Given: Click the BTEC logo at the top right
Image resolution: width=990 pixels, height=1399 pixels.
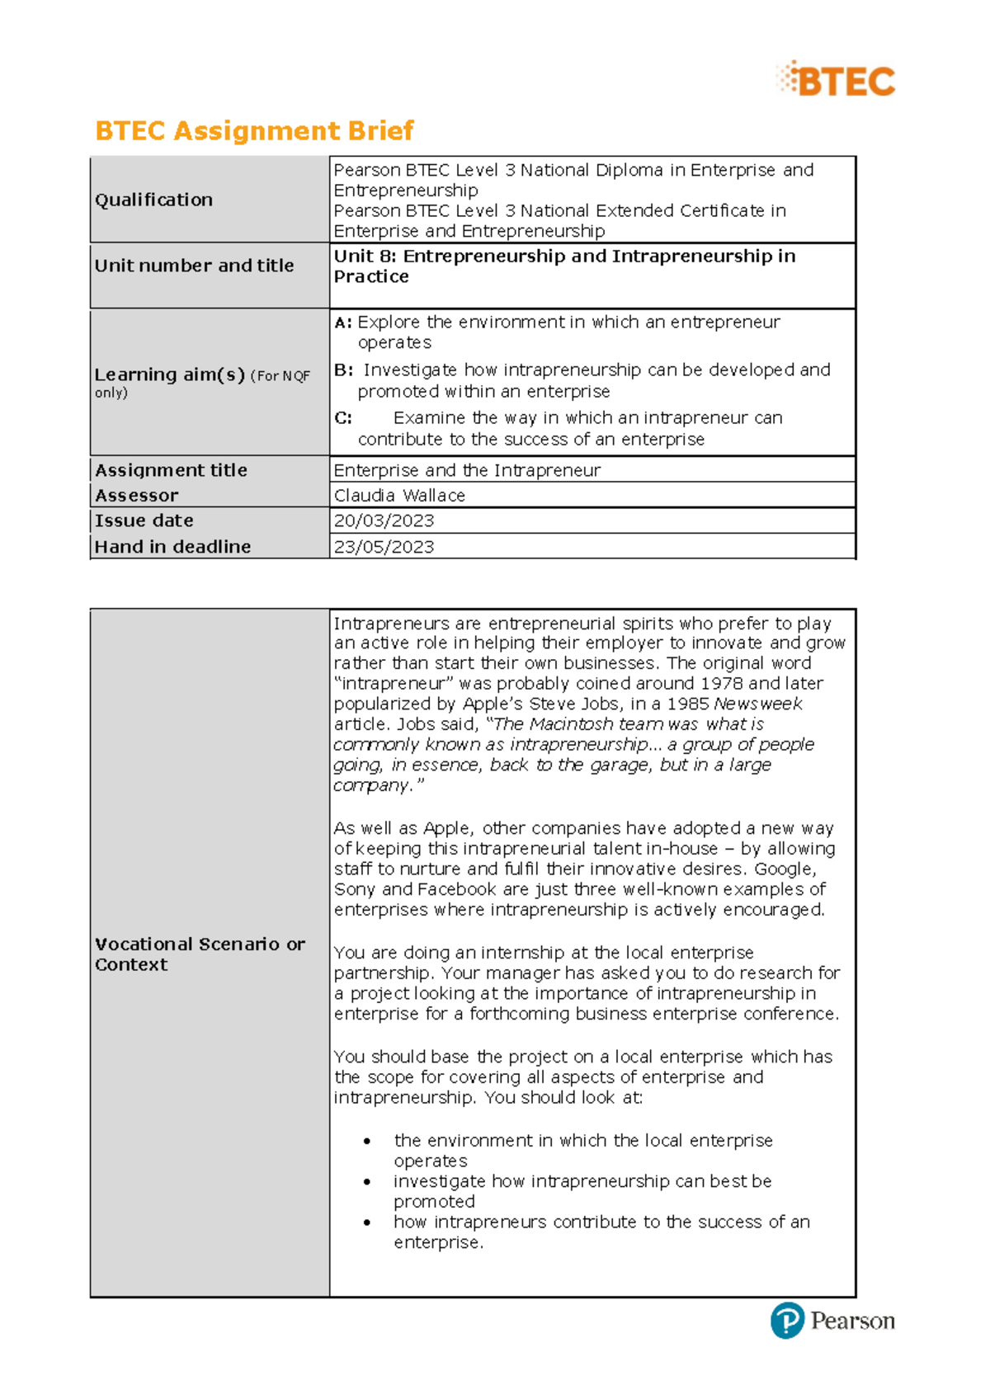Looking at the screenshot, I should [837, 80].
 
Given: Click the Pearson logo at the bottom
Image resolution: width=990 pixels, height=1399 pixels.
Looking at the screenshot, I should [832, 1321].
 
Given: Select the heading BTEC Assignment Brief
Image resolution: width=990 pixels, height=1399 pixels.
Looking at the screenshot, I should [254, 130].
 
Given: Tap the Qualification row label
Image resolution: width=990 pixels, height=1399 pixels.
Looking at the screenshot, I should [153, 200].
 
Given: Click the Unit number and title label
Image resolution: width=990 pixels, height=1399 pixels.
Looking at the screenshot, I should [194, 266].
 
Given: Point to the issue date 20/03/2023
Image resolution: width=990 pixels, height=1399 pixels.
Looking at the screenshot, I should [384, 521].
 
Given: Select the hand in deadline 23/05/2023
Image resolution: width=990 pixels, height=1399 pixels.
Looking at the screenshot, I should [384, 547].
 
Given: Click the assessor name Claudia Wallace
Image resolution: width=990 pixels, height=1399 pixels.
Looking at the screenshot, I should [399, 495].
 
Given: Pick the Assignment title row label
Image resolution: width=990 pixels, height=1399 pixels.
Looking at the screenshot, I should [171, 470].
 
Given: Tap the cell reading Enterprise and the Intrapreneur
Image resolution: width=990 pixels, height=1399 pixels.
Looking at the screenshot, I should [467, 470].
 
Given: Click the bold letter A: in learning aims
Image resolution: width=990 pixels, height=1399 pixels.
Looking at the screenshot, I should [342, 323].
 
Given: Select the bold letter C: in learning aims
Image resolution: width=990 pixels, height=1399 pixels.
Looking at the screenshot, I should [342, 418].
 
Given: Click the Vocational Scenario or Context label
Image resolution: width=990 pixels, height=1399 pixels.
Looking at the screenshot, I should [200, 954].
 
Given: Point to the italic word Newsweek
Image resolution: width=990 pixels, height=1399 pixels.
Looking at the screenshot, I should [757, 704].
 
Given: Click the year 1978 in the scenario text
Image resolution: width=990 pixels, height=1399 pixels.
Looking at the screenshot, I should [721, 683].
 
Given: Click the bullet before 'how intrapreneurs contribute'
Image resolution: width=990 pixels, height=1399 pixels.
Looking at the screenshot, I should [367, 1222].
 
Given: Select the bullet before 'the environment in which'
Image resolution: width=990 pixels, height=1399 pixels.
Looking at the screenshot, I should [367, 1141].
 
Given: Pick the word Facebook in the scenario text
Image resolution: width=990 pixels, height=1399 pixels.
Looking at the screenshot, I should [456, 889].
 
